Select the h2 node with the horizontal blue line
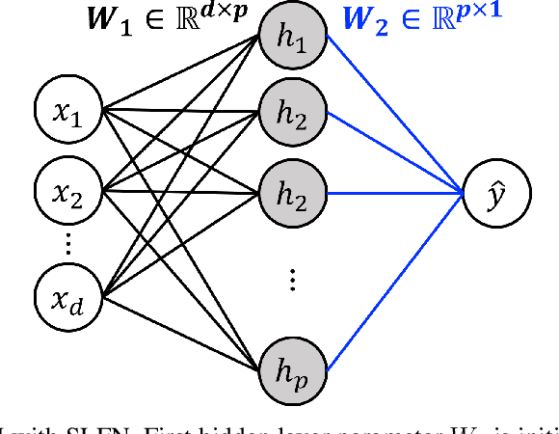coord(291,192)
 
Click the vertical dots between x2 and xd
coord(68,243)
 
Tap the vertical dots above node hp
coord(292,279)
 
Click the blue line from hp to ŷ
coord(395,280)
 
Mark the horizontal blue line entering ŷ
coord(395,192)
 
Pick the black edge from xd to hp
coord(183,331)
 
